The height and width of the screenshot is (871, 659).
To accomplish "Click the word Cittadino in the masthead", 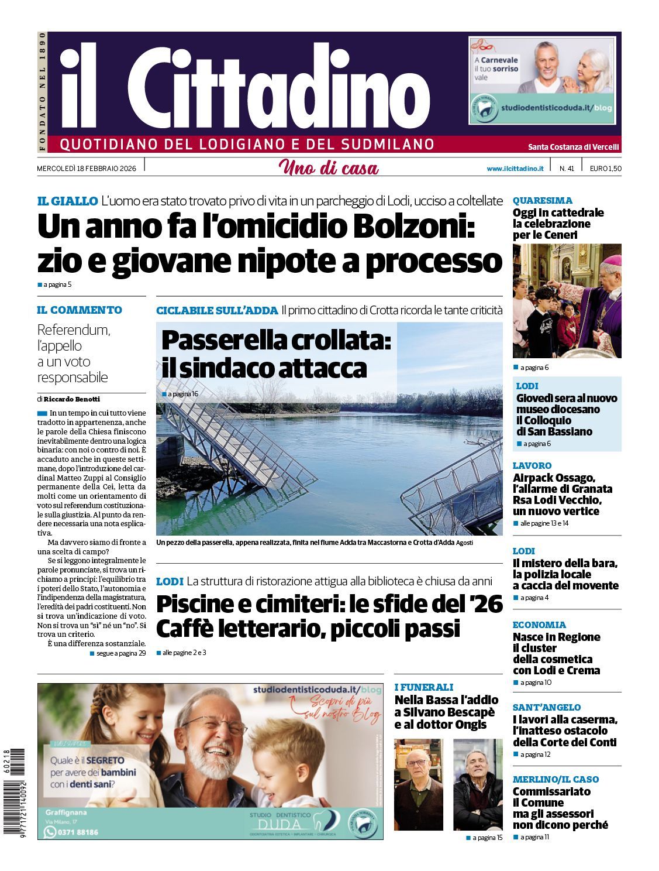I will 278,88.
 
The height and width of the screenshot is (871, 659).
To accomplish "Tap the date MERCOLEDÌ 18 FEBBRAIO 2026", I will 87,169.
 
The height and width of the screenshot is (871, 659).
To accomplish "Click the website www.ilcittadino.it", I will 515,169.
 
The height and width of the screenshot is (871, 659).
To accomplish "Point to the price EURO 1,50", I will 605,169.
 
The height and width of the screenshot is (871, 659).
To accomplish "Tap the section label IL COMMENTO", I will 80,310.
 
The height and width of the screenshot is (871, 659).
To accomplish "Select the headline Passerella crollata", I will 276,340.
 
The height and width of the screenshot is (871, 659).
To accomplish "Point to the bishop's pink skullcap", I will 612,259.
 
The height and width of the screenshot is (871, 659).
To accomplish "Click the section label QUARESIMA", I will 542,200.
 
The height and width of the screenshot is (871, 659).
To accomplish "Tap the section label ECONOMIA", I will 539,625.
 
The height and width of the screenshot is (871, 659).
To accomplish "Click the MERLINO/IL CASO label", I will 556,779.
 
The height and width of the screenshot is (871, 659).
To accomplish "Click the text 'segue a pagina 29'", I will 120,653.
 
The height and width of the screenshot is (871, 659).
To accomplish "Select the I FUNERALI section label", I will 424,687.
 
